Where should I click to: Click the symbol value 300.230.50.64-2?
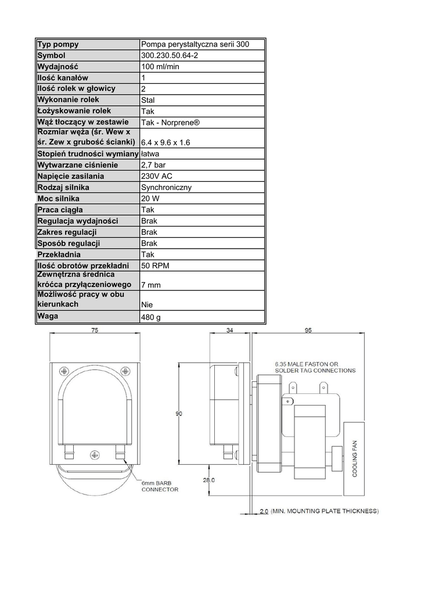coord(170,55)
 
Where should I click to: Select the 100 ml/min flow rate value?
coord(160,67)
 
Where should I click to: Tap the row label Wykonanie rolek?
coord(69,100)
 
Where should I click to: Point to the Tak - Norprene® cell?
coord(170,123)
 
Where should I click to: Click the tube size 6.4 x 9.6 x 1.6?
coord(165,143)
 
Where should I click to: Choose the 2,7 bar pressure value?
coord(153,165)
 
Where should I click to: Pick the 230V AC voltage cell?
coord(157,176)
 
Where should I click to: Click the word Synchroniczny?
coord(167,188)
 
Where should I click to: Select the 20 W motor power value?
coord(150,199)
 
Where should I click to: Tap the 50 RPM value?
coord(155,266)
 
